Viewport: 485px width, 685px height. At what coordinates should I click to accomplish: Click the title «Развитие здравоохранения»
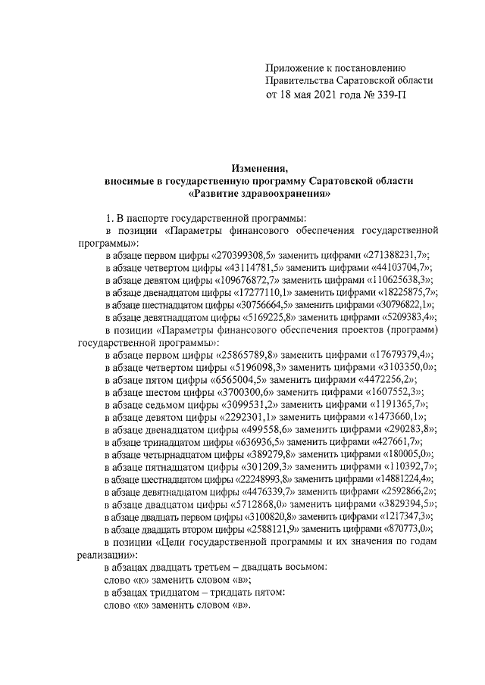tap(261, 194)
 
